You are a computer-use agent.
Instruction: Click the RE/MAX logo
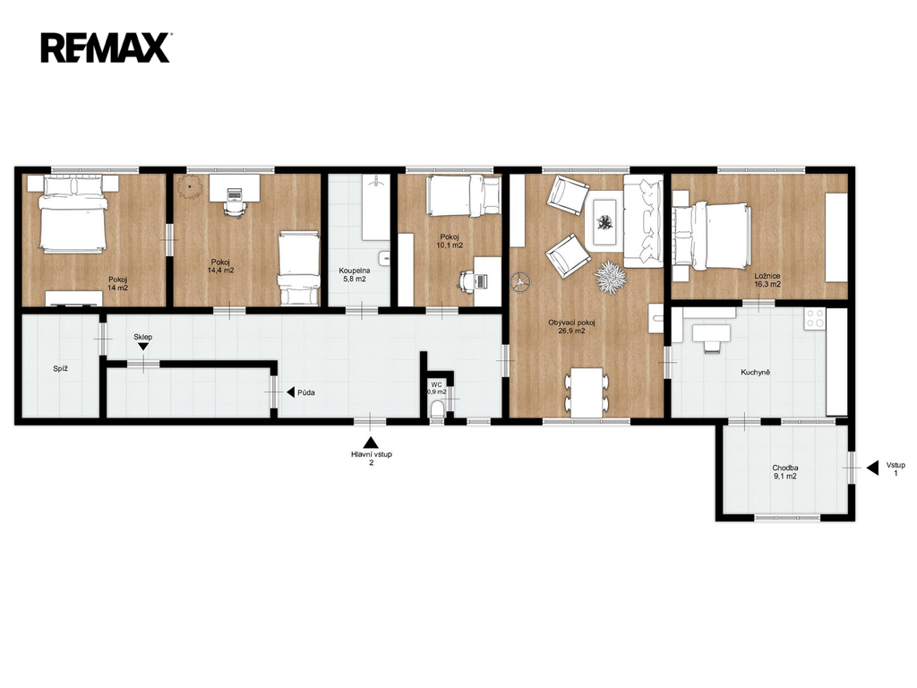click(x=106, y=47)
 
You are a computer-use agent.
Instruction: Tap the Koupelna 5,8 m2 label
click(x=355, y=275)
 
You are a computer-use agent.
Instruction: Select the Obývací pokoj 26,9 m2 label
click(x=571, y=326)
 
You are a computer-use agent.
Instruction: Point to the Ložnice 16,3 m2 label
click(x=767, y=279)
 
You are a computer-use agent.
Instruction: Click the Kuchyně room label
click(x=755, y=372)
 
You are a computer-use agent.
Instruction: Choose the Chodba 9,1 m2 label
click(x=784, y=472)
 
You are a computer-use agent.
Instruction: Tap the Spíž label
click(x=61, y=369)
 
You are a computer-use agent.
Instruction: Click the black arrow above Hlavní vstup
click(x=371, y=443)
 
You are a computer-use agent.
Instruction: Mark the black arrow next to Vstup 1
click(x=872, y=468)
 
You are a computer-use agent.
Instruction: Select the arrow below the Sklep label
click(x=143, y=347)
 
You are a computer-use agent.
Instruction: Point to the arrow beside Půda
click(x=291, y=392)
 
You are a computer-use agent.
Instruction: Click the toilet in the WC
click(x=437, y=409)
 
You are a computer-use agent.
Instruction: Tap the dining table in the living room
click(x=587, y=392)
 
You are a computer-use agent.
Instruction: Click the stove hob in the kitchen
click(x=815, y=319)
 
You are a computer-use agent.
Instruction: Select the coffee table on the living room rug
click(x=604, y=222)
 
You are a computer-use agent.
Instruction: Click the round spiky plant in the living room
click(x=611, y=278)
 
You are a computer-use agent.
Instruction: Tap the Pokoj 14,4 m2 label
click(x=220, y=266)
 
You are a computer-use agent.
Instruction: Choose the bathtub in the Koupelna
click(x=375, y=207)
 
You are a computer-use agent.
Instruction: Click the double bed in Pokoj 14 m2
click(x=73, y=215)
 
